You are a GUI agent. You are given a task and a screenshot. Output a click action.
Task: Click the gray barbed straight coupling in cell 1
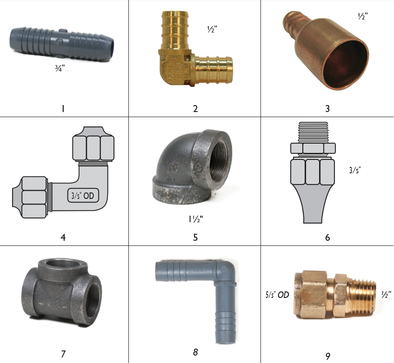coord(61,44)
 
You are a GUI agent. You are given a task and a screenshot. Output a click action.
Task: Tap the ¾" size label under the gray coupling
coord(60,68)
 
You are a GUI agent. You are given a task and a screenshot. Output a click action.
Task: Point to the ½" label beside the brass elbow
coord(212,29)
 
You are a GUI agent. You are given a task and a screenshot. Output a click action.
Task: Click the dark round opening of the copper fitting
coord(346,64)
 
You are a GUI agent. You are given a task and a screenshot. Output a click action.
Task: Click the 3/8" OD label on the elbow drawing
coord(83,196)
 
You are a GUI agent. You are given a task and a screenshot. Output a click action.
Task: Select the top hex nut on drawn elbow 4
coord(93,144)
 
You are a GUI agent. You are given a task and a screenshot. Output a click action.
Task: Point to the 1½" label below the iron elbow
coord(196,219)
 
